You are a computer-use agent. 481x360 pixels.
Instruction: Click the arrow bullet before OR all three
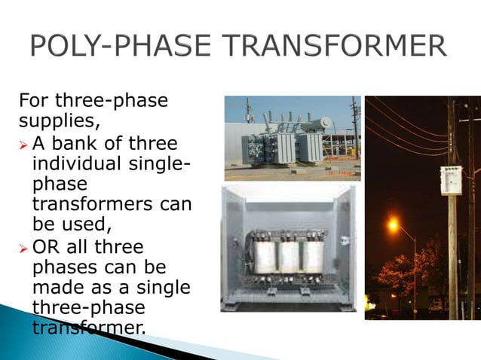23,249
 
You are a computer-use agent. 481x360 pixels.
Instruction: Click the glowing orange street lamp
393,224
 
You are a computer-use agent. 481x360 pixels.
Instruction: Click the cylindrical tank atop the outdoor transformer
323,121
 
